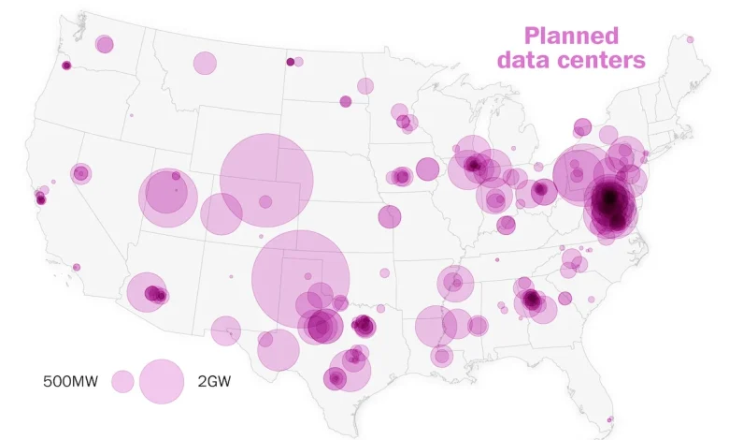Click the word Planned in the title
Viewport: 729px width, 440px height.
coord(571,37)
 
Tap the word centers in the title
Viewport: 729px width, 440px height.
coord(606,60)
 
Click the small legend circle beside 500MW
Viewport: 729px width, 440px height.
coord(122,381)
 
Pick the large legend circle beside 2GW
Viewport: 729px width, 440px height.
coord(162,381)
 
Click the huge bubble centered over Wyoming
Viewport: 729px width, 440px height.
coord(266,180)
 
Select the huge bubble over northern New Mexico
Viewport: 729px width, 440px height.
coord(301,277)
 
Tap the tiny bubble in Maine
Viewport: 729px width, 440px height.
coord(690,39)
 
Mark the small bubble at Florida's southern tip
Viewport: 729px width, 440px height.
coord(609,420)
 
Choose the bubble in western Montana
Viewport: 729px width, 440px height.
coord(205,63)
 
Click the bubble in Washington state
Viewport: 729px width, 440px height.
coord(105,44)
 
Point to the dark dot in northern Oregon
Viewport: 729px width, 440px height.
coord(66,66)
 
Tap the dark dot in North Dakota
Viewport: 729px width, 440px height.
coord(291,62)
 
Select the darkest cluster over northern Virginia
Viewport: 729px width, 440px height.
coord(609,199)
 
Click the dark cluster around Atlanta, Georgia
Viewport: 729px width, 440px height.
coord(532,301)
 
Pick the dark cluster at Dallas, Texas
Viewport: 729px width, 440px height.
coord(364,326)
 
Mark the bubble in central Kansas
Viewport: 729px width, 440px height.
coord(390,216)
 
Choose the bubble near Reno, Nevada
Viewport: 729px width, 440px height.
coord(81,173)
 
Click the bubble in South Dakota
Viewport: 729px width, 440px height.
coord(346,101)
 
